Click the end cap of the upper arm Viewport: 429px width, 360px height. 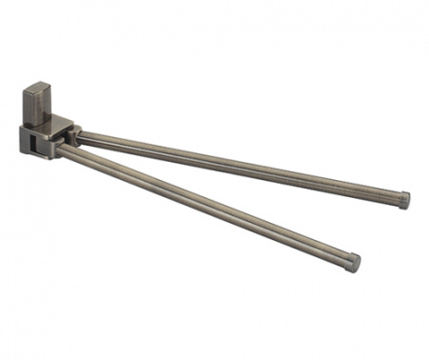point(403,200)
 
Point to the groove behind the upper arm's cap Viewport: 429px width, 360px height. point(396,198)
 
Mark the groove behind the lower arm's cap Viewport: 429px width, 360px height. point(344,259)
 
